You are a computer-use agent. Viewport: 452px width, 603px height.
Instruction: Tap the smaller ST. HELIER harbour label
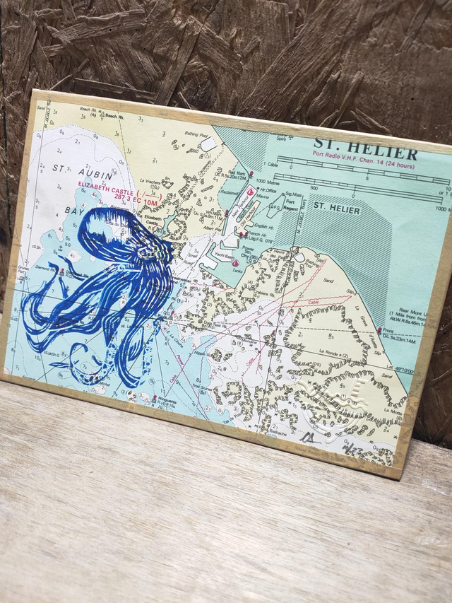click(337, 209)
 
